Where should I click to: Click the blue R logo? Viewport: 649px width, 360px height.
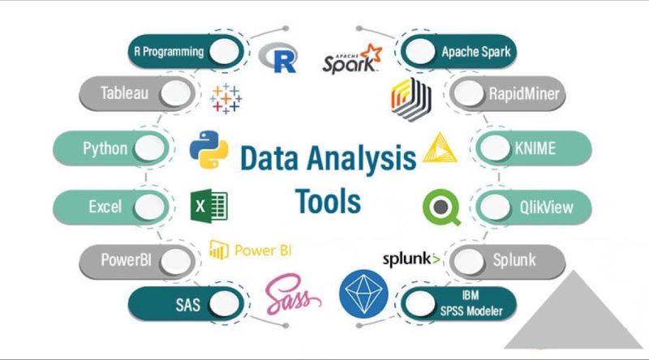click(277, 57)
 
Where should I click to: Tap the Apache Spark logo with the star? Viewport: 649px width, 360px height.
click(352, 59)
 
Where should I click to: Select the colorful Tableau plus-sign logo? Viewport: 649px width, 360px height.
click(226, 98)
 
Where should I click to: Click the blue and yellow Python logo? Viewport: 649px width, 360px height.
click(209, 150)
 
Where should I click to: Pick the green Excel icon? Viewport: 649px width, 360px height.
click(209, 206)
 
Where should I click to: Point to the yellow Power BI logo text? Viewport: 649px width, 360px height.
click(251, 250)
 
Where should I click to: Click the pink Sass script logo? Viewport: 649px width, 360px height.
click(293, 294)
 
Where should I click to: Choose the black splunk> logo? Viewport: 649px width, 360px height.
click(411, 259)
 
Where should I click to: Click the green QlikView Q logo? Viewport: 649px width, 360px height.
click(441, 208)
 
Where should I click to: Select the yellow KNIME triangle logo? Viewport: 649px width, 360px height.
click(440, 148)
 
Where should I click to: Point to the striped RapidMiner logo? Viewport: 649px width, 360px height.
click(411, 99)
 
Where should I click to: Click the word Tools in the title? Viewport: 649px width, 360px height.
click(328, 202)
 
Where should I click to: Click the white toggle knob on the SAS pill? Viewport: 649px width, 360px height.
click(224, 304)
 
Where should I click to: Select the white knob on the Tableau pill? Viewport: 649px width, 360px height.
click(175, 93)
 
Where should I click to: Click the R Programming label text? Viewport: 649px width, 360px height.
click(169, 52)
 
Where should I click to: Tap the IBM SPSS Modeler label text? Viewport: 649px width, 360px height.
click(471, 303)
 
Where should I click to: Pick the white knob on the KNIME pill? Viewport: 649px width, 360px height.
click(495, 148)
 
